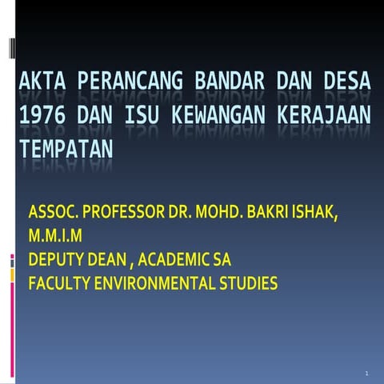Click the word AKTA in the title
pos(41,81)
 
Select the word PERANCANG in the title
pos(125,81)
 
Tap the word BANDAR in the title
pos(226,81)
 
